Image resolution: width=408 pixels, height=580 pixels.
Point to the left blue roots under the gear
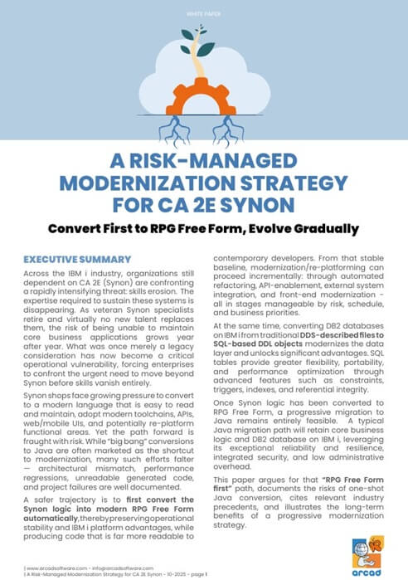coord(169,125)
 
